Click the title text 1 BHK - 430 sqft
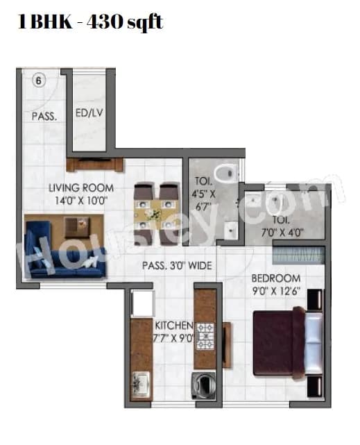(89, 22)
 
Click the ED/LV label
(89, 112)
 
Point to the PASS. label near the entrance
(43, 117)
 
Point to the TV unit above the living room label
(95, 165)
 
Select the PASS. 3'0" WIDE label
(176, 265)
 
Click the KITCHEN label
(169, 325)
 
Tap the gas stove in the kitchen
(207, 336)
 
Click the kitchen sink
(140, 382)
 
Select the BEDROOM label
(276, 278)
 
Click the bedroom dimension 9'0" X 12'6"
(276, 292)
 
